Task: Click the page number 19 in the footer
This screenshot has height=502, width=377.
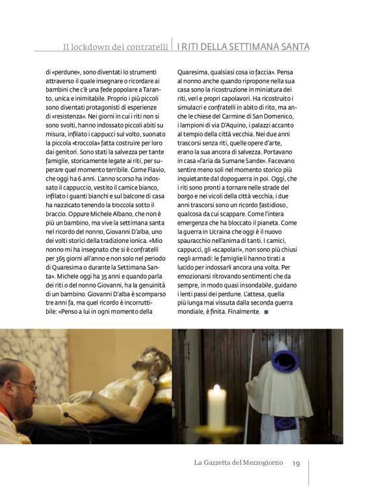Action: tap(295, 463)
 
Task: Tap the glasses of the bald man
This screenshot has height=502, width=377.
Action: tap(25, 385)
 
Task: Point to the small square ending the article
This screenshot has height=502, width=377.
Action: tap(266, 312)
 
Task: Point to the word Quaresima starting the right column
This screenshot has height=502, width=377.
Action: tap(194, 71)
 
